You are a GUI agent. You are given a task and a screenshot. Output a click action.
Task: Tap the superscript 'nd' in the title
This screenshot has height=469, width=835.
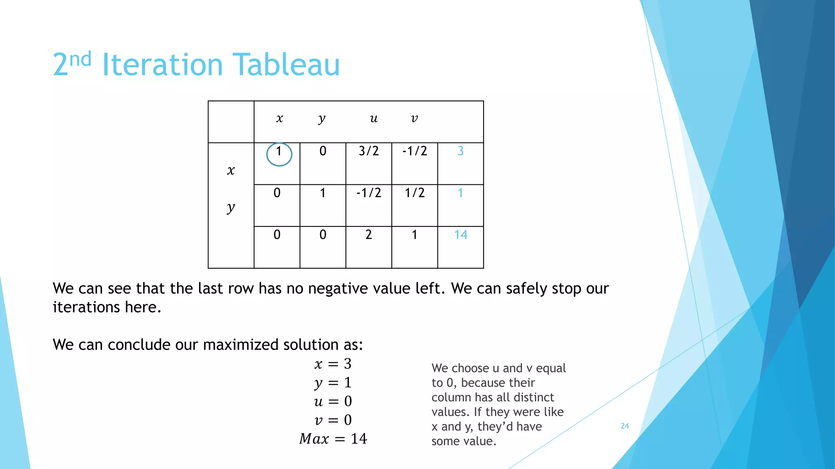pyautogui.click(x=80, y=59)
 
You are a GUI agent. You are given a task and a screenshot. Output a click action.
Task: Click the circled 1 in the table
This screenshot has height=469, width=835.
pyautogui.click(x=279, y=152)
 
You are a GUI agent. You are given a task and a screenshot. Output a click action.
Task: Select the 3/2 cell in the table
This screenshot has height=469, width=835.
pyautogui.click(x=369, y=151)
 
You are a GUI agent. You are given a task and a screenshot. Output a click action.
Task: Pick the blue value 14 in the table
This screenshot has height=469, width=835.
pyautogui.click(x=460, y=234)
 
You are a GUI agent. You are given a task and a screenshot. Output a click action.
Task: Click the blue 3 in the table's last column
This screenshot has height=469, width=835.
pyautogui.click(x=460, y=151)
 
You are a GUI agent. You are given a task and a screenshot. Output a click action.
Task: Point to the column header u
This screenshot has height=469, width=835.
pyautogui.click(x=373, y=118)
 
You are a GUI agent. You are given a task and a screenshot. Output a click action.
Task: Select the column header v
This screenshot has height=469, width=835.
pyautogui.click(x=414, y=118)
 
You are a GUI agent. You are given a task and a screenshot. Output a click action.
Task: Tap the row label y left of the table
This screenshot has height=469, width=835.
pyautogui.click(x=231, y=208)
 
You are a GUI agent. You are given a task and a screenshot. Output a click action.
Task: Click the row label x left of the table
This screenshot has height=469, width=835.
pyautogui.click(x=231, y=170)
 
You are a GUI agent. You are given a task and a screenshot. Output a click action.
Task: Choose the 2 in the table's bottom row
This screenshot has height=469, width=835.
pyautogui.click(x=369, y=234)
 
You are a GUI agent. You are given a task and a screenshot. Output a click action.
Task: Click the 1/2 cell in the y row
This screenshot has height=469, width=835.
pyautogui.click(x=415, y=193)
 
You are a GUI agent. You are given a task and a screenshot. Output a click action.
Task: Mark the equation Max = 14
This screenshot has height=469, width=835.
pyautogui.click(x=333, y=438)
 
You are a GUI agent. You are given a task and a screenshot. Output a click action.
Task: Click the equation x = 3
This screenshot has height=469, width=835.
pyautogui.click(x=333, y=364)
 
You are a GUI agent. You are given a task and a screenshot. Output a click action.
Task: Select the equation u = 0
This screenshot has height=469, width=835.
pyautogui.click(x=333, y=401)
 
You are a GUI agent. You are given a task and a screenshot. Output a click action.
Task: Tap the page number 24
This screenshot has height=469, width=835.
pyautogui.click(x=625, y=426)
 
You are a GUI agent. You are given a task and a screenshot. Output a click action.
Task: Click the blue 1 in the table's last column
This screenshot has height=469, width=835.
pyautogui.click(x=460, y=193)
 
